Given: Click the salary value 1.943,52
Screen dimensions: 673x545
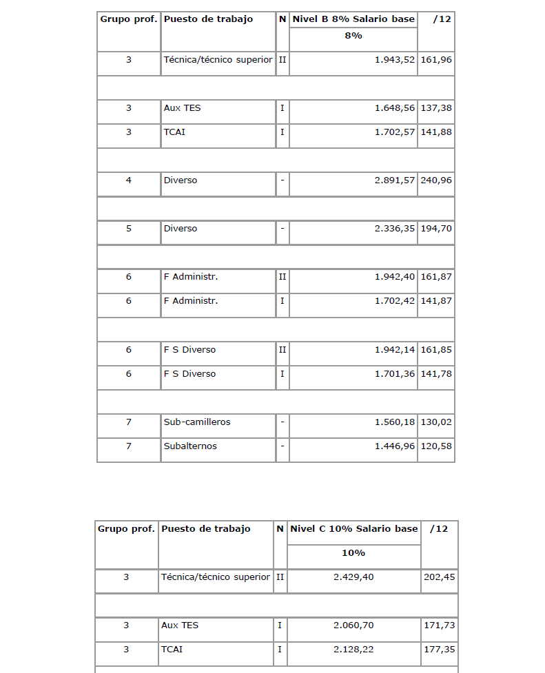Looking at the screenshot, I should point(395,60).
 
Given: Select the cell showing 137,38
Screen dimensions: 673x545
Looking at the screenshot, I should point(436,108).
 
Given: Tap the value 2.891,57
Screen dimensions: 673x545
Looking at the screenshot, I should point(395,180).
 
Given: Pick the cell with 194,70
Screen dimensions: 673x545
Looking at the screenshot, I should point(436,229).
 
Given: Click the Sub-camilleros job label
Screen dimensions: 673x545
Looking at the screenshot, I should point(187,422).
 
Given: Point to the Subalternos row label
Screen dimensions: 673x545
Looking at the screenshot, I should point(190,446).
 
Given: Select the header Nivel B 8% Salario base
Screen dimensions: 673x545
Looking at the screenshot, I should point(353,19).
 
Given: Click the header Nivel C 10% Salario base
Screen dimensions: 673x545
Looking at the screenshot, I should point(354,529).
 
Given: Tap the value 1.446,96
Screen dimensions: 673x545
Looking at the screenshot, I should point(395,446).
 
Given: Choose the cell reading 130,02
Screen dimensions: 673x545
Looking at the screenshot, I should point(436,422).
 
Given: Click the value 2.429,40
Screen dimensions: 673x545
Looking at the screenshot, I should point(353,577).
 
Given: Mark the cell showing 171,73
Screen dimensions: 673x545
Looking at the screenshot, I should point(439,625).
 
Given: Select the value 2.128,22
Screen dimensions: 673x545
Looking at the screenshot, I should point(353,650).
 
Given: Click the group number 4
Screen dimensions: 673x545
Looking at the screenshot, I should point(129,180).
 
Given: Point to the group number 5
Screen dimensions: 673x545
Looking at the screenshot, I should point(129,229).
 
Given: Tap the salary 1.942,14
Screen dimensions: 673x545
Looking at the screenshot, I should point(395,349).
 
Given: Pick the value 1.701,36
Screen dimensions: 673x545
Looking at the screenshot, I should point(395,373).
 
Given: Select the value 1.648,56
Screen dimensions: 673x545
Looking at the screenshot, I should point(395,108).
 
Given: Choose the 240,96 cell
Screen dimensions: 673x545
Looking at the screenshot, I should point(436,180).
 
